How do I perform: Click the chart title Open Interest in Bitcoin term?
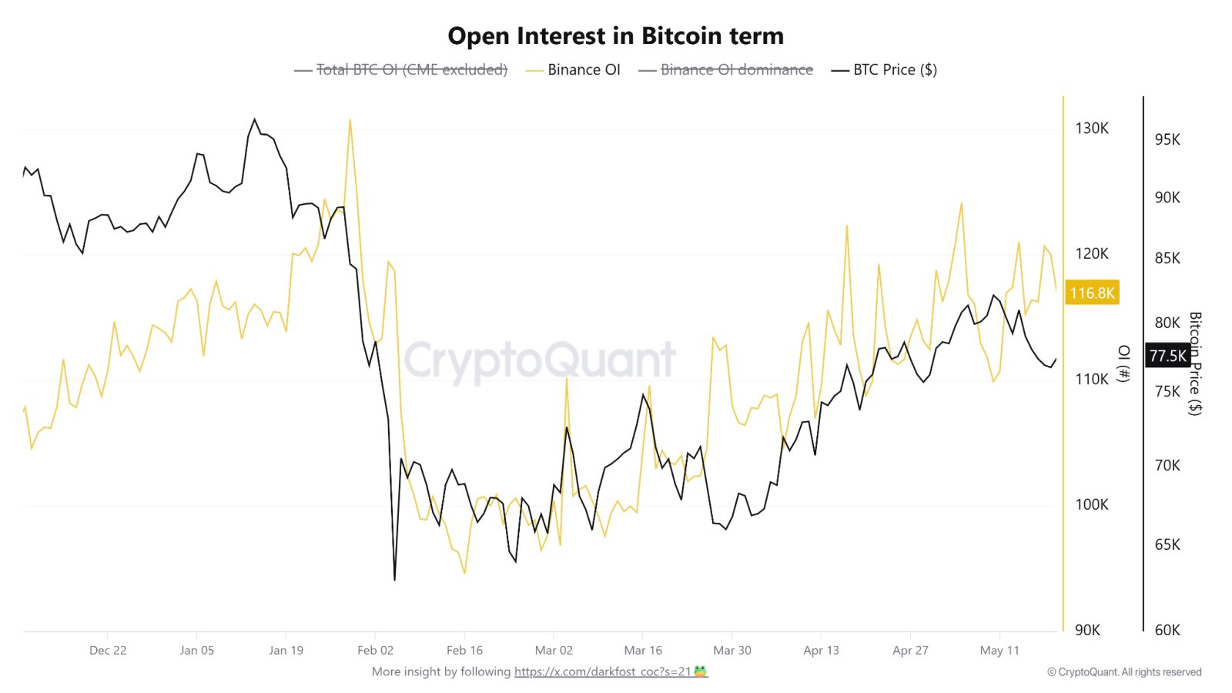[615, 36]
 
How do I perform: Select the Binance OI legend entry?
[573, 70]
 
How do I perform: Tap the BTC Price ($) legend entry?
[884, 70]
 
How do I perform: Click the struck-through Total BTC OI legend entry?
[401, 70]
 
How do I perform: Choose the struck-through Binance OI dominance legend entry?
[725, 70]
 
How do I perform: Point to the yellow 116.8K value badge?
[1092, 293]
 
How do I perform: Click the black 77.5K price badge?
[1168, 356]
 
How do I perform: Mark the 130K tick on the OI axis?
[1092, 128]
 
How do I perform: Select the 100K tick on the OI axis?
[1092, 504]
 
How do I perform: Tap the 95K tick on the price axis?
[1167, 139]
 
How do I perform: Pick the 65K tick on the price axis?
[1167, 544]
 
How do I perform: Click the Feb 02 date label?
[375, 650]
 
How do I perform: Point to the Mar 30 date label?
[732, 650]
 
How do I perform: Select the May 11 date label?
[999, 650]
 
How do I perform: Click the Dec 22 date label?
[108, 650]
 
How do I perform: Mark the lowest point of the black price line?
[395, 580]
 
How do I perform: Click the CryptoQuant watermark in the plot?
[540, 360]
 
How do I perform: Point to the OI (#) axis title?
[1124, 363]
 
